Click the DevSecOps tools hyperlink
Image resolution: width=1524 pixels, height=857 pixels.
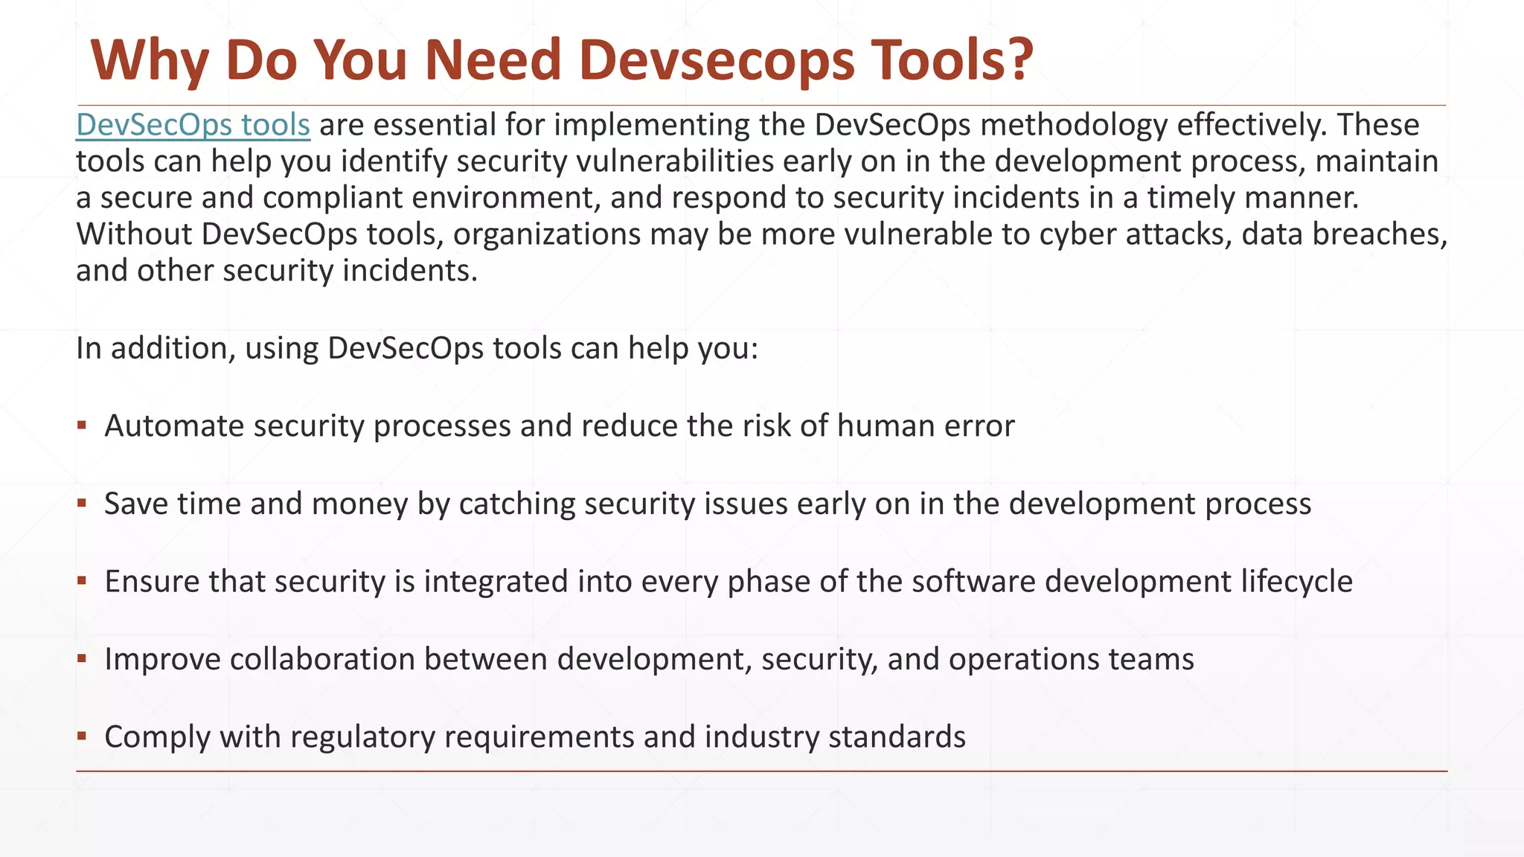(x=193, y=125)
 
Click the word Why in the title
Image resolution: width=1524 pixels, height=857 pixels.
(x=149, y=60)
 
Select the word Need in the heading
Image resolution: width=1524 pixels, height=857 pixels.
(x=493, y=60)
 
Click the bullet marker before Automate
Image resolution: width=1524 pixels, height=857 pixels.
(x=82, y=426)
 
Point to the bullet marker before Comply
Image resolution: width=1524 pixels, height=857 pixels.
(x=82, y=736)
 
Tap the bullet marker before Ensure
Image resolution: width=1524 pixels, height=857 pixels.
(x=82, y=581)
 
